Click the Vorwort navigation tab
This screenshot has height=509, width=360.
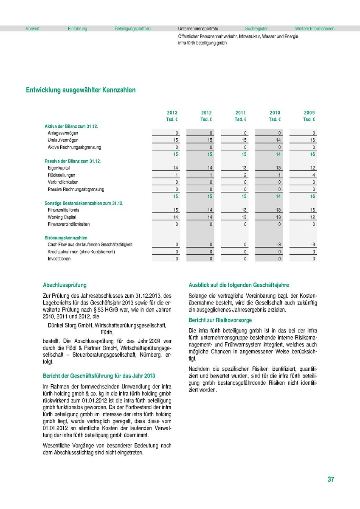click(x=33, y=29)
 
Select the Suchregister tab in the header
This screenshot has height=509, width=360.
click(x=256, y=29)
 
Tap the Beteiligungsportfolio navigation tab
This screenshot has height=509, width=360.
click(x=132, y=29)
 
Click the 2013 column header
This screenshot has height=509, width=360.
click(x=172, y=113)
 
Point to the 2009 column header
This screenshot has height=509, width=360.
click(x=309, y=113)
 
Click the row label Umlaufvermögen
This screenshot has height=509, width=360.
click(x=63, y=140)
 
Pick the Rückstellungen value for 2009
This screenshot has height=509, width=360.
click(x=313, y=175)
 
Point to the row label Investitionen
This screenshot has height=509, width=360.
click(x=59, y=259)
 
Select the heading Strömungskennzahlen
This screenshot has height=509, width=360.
click(x=66, y=238)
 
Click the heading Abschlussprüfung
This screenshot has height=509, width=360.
click(x=65, y=285)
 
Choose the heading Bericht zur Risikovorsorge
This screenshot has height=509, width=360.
click(x=220, y=320)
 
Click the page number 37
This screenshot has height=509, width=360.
click(x=331, y=479)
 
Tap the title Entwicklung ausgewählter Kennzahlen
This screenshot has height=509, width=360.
click(x=81, y=90)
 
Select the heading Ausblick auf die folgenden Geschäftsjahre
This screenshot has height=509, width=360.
click(x=239, y=285)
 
